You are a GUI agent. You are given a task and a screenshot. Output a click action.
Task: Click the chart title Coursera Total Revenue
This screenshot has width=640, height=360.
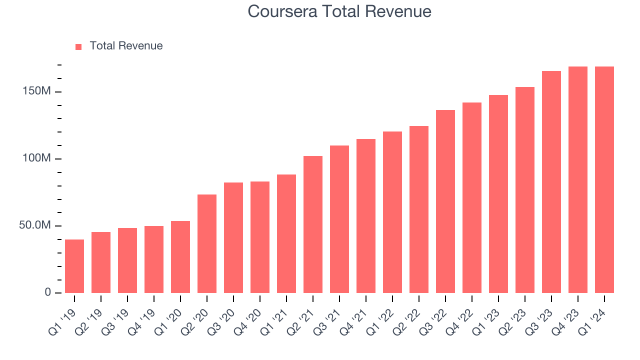[339, 11]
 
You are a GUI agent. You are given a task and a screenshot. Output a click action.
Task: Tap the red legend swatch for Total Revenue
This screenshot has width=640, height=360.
[78, 46]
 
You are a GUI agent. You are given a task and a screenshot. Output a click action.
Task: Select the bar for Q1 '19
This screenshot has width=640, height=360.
[74, 266]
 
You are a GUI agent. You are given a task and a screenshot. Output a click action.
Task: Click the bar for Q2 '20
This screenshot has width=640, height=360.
[207, 243]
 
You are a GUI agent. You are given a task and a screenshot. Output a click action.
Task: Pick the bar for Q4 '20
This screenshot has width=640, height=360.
[260, 237]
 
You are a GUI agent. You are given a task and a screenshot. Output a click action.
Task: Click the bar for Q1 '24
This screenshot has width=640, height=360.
[604, 179]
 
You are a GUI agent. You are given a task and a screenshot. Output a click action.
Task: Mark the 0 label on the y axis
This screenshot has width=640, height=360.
[48, 292]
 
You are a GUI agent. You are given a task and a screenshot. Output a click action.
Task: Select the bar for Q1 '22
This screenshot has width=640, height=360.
[392, 212]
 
